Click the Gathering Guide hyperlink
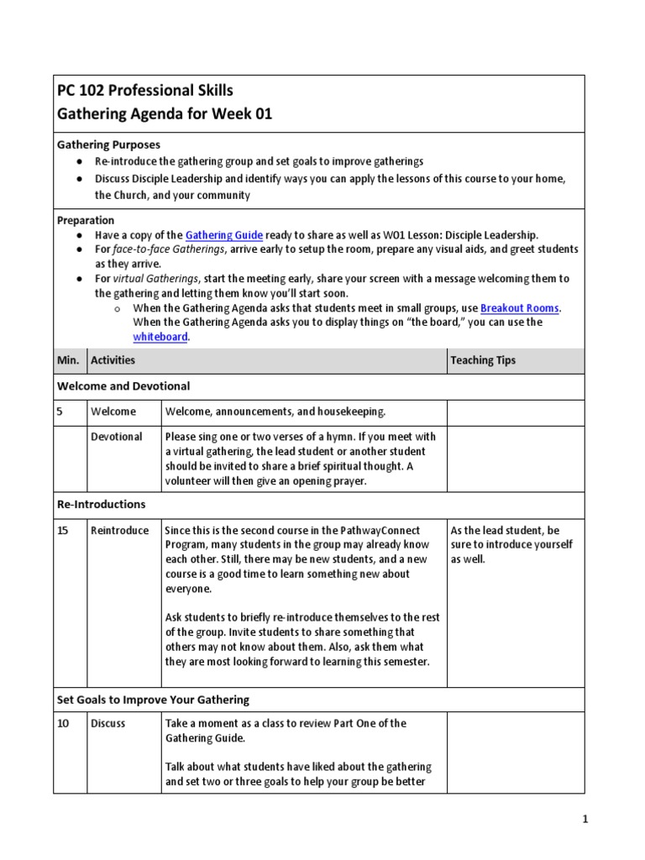(224, 235)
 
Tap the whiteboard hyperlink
(160, 337)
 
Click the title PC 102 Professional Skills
(144, 91)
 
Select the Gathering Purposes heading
(108, 145)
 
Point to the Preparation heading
(85, 220)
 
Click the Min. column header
(68, 360)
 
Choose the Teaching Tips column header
(483, 360)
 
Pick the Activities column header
(113, 360)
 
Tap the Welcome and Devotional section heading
(123, 386)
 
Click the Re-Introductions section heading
(101, 505)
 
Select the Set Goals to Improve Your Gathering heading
(153, 700)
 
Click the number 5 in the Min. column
(60, 412)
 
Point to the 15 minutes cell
(63, 531)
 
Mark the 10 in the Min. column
(63, 723)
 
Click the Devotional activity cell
(117, 437)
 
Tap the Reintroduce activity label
(119, 531)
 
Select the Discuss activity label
(108, 723)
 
